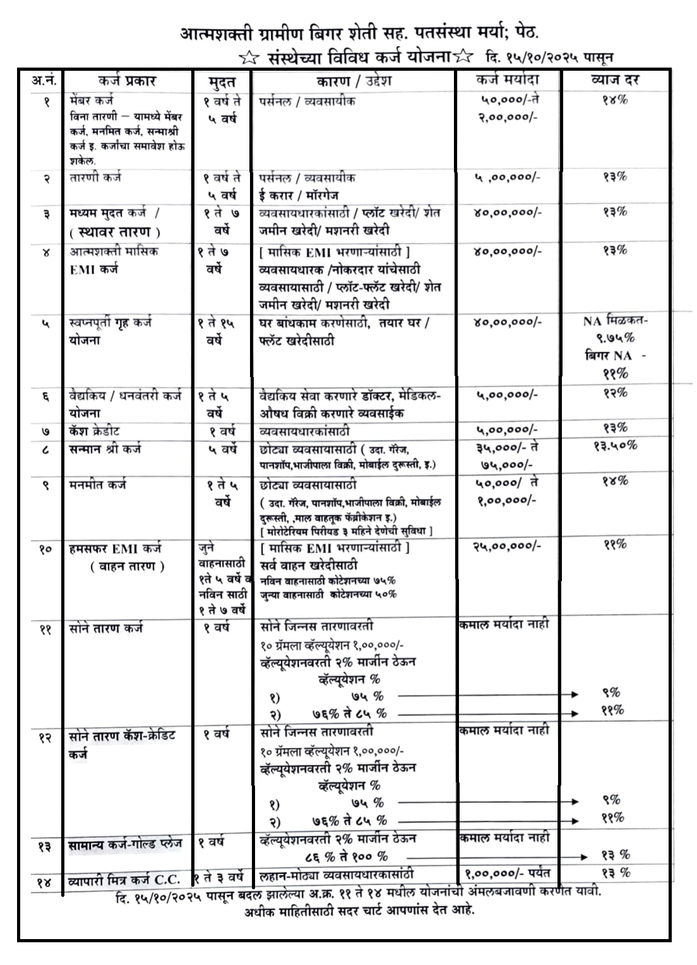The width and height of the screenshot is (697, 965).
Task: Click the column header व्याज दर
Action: point(615,81)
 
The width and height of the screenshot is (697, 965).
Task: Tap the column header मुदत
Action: point(222,81)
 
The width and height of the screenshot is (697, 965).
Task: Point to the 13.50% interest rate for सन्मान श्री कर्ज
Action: point(615,445)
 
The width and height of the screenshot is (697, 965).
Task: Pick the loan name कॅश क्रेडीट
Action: point(95,431)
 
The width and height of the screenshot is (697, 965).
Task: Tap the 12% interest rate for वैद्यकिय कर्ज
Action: point(615,393)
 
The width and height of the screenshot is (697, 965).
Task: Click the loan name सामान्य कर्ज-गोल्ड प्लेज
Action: point(125,844)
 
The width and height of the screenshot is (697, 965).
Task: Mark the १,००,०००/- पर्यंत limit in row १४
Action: point(508,874)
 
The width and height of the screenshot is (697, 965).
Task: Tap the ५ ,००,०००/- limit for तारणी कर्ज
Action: point(507,177)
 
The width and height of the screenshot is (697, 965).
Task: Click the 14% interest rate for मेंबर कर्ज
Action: point(615,100)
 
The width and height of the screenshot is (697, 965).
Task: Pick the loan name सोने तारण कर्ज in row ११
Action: point(106,628)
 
